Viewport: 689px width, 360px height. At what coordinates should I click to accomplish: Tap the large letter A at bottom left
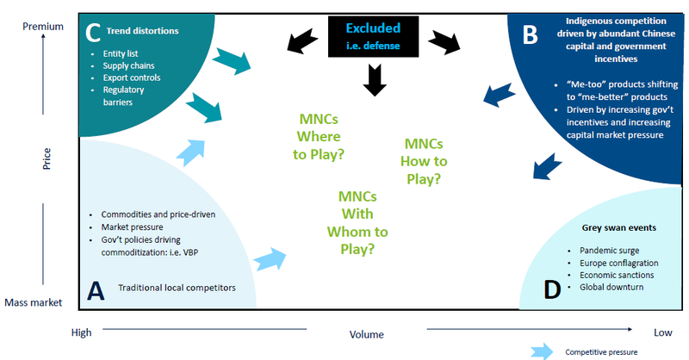pos(96,291)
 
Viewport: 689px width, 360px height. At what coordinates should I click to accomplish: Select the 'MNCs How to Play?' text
pos(425,160)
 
